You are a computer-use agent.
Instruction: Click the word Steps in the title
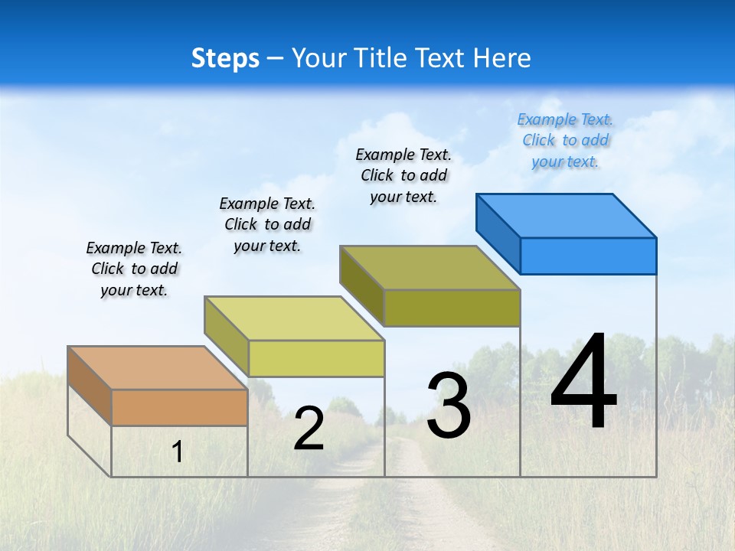coord(225,58)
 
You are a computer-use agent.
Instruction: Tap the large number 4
coord(583,383)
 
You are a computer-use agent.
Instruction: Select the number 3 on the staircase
coord(449,406)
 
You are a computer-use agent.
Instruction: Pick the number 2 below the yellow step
coord(309,429)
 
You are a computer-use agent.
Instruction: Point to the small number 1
coord(178,452)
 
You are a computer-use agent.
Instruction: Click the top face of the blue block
coord(567,216)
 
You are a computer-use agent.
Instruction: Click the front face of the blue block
coord(588,256)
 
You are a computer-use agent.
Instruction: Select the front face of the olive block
coord(452,308)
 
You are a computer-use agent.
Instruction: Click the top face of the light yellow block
coord(294,318)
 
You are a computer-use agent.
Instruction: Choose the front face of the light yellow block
coord(316,358)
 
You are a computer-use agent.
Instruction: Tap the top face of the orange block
coord(158,368)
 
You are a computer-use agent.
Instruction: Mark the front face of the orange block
coord(179,408)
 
